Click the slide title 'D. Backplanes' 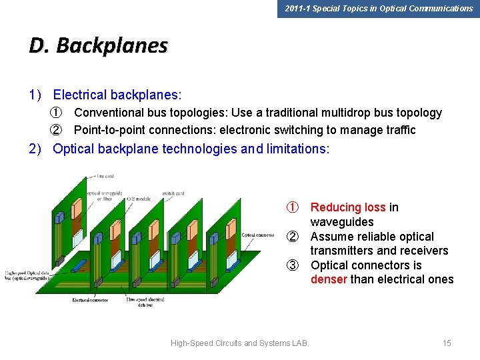[x=99, y=45]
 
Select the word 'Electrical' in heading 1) [x=80, y=95]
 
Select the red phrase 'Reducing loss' [x=348, y=207]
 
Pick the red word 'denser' [x=329, y=279]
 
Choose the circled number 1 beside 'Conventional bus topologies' [x=57, y=113]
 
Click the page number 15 [x=447, y=343]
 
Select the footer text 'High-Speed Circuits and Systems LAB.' [x=240, y=343]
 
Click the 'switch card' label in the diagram [x=173, y=193]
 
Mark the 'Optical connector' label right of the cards [x=257, y=235]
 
